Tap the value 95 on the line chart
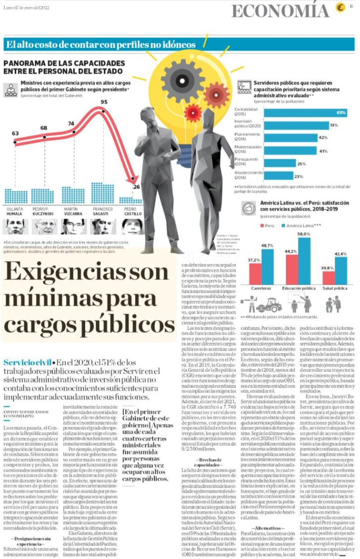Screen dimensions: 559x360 [x=104, y=102]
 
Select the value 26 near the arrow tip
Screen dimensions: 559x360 [x=136, y=187]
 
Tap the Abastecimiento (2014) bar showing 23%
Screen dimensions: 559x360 [x=278, y=176]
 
